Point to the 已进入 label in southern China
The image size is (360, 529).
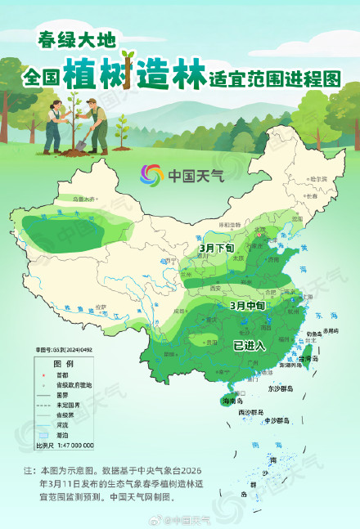(250, 345)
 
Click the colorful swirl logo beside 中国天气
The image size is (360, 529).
(151, 175)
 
